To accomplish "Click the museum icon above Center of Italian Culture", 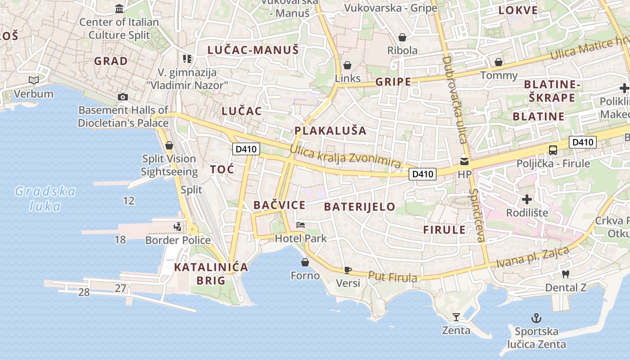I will coord(119,9).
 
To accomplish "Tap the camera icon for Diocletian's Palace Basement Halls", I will coord(122,97).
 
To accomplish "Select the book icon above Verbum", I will coord(34,81).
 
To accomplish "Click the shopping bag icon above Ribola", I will coord(402,37).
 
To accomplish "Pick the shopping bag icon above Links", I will coord(347,65).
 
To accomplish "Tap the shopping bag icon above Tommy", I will coord(499,62).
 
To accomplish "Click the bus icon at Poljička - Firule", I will coord(553,150).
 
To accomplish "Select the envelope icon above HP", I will coord(464,161).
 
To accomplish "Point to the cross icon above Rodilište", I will coord(527,199).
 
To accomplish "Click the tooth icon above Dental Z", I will coord(566,274).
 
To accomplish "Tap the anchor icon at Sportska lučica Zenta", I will coord(536,319).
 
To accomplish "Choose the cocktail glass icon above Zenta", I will coord(456,317).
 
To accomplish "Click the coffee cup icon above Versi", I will coord(347,270).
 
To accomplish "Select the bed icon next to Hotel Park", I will coord(301,225).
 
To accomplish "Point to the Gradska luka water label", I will coord(45,198).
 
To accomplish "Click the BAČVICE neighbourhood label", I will coord(279,206).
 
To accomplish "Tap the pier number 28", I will coord(84,292).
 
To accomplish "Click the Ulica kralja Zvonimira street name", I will coord(345,157).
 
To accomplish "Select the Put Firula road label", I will coord(393,277).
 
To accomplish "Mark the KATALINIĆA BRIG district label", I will coord(211,274).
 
